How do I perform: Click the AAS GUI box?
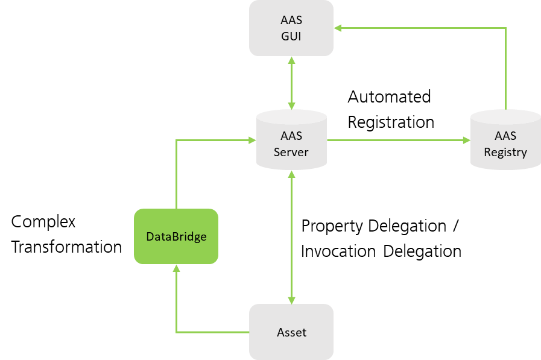pyautogui.click(x=291, y=28)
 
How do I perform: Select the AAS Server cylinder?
pyautogui.click(x=291, y=140)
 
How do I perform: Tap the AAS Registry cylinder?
pyautogui.click(x=505, y=140)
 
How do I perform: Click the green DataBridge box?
pyautogui.click(x=176, y=236)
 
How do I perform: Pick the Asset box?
pyautogui.click(x=291, y=332)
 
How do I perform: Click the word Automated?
pyautogui.click(x=389, y=96)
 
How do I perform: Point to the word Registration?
pyautogui.click(x=391, y=122)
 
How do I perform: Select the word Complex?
pyautogui.click(x=43, y=222)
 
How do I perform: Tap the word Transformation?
pyautogui.click(x=66, y=247)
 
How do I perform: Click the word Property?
pyautogui.click(x=332, y=227)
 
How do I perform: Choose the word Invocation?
pyautogui.click(x=338, y=251)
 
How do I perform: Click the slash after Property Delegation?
pyautogui.click(x=456, y=226)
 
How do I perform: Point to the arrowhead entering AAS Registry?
pyautogui.click(x=466, y=140)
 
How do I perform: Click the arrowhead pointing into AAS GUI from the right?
pyautogui.click(x=338, y=28)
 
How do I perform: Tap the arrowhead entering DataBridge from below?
pyautogui.click(x=176, y=268)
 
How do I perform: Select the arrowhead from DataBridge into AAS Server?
pyautogui.click(x=252, y=140)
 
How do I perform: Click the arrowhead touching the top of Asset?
pyautogui.click(x=291, y=300)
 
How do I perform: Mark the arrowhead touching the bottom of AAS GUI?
pyautogui.click(x=291, y=60)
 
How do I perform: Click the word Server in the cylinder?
pyautogui.click(x=291, y=152)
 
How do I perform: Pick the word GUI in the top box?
pyautogui.click(x=291, y=36)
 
